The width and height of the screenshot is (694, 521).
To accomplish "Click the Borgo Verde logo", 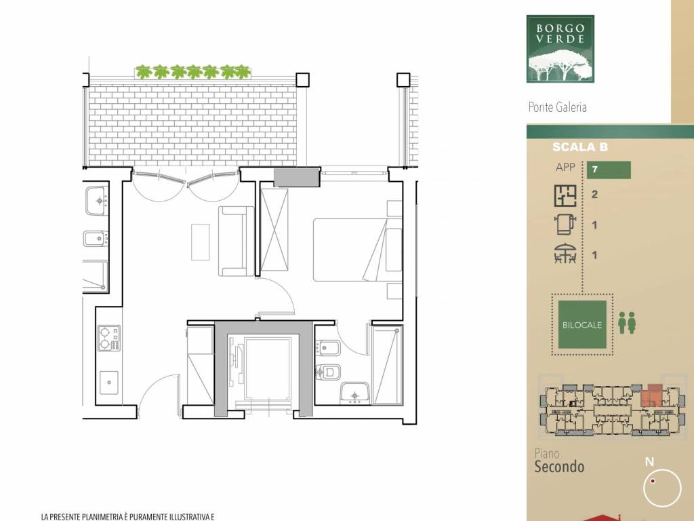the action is (x=560, y=49).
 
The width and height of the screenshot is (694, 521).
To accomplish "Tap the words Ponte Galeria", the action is (x=557, y=107).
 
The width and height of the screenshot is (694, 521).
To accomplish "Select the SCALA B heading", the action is (x=580, y=147).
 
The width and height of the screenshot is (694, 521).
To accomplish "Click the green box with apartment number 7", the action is (x=609, y=170).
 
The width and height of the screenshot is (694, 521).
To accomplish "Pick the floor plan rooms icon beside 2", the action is (x=565, y=195).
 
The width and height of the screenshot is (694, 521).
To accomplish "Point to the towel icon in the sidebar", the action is (x=565, y=225).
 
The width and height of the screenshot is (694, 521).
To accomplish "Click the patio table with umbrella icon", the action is (x=565, y=254).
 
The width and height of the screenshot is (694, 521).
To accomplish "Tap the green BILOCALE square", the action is (x=582, y=325).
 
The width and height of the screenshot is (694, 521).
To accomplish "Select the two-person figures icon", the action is (x=627, y=322).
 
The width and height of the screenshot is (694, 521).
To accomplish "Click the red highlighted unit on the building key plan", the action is (x=651, y=395).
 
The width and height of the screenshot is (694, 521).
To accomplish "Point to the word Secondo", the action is (x=559, y=467).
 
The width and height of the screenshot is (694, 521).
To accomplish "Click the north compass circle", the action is (x=663, y=488).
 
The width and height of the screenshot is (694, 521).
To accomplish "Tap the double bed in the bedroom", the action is (x=358, y=250).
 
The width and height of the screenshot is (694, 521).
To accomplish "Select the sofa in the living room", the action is (x=237, y=242).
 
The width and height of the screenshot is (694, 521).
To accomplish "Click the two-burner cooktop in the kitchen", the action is (x=109, y=339).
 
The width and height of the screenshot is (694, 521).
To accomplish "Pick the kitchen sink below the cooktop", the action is (x=109, y=383).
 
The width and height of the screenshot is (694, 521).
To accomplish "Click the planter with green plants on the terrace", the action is (x=193, y=72).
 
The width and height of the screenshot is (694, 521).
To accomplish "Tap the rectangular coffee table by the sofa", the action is (x=201, y=242).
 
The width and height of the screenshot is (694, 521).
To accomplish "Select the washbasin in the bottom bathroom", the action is (x=354, y=393).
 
